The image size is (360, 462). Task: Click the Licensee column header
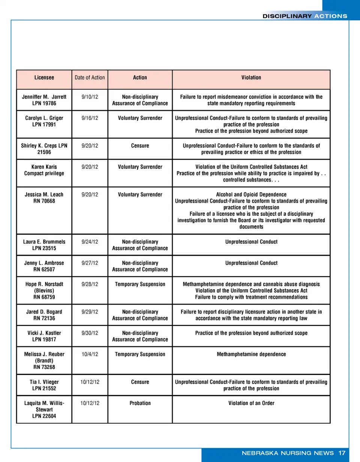44,78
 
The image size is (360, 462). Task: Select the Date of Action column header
90,78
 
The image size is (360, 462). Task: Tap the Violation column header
251,78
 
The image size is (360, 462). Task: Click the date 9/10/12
90,97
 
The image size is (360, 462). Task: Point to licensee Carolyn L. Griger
44,118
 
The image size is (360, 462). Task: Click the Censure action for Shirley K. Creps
140,145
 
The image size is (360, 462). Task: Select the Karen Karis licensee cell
44,170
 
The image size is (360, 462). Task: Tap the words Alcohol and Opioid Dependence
251,194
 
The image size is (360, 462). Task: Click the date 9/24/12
90,241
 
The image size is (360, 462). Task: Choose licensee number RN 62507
44,269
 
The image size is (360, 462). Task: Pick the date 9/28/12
90,284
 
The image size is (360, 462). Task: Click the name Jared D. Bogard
44,312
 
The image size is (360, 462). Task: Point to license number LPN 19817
44,339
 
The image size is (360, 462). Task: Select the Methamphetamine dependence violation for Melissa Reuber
251,354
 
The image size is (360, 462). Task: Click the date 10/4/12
90,354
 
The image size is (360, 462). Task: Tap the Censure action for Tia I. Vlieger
140,382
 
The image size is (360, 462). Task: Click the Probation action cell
140,403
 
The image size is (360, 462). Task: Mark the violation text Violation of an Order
251,403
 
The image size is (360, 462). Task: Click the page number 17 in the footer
341,453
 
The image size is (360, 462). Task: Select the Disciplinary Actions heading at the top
304,16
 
